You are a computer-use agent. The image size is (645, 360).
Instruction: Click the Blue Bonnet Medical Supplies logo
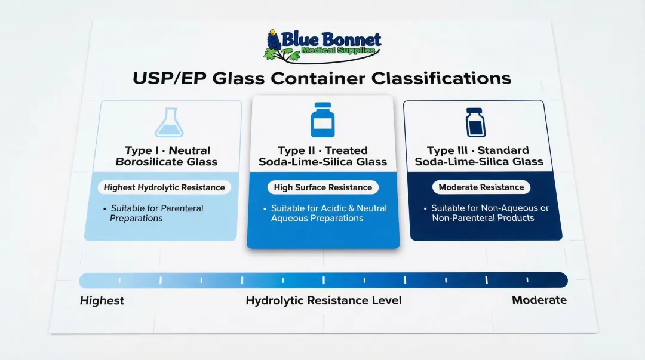pyautogui.click(x=322, y=45)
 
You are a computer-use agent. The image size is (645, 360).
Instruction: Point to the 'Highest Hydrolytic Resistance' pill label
pyautogui.click(x=164, y=187)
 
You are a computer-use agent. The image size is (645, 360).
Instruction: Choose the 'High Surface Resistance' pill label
pyautogui.click(x=322, y=187)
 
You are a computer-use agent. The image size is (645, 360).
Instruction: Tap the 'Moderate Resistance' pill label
pyautogui.click(x=481, y=187)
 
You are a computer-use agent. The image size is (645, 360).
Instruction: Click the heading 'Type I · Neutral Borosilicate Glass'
pyautogui.click(x=167, y=156)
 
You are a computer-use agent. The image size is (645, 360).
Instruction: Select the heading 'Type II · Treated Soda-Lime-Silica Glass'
pyautogui.click(x=322, y=156)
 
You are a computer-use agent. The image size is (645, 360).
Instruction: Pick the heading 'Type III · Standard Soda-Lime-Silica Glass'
pyautogui.click(x=478, y=156)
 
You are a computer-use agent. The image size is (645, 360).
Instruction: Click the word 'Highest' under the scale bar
pyautogui.click(x=102, y=300)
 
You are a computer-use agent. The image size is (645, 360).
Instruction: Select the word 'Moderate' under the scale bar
pyautogui.click(x=539, y=300)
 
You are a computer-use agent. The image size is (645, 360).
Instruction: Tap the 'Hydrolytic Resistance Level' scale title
pyautogui.click(x=323, y=300)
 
